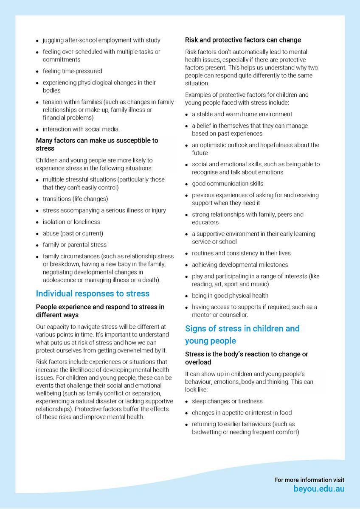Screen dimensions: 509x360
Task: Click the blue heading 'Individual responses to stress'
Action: [x=93, y=294]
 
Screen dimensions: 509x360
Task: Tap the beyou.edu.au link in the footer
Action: [x=319, y=489]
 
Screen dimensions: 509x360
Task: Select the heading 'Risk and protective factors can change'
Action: [x=243, y=40]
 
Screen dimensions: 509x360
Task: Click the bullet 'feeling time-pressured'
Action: [x=72, y=71]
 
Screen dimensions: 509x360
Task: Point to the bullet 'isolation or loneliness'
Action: [x=71, y=222]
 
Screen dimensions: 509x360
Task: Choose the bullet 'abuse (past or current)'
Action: [x=73, y=233]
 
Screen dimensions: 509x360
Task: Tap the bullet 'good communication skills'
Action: [x=227, y=184]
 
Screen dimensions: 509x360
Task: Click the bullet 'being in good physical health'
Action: [x=230, y=296]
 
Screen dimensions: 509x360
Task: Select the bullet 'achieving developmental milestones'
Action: [x=239, y=265]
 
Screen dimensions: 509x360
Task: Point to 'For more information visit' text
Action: [x=309, y=480]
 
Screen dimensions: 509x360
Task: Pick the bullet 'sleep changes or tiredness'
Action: [x=227, y=401]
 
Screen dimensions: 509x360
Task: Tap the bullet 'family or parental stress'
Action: [x=75, y=245]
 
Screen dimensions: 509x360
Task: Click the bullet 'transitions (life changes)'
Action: [x=75, y=199]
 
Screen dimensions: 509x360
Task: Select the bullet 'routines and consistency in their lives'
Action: [x=241, y=253]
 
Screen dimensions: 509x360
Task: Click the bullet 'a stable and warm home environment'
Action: [x=242, y=114]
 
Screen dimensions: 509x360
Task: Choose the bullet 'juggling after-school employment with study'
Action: [x=101, y=40]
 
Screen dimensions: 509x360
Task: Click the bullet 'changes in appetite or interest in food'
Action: [x=242, y=413]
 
